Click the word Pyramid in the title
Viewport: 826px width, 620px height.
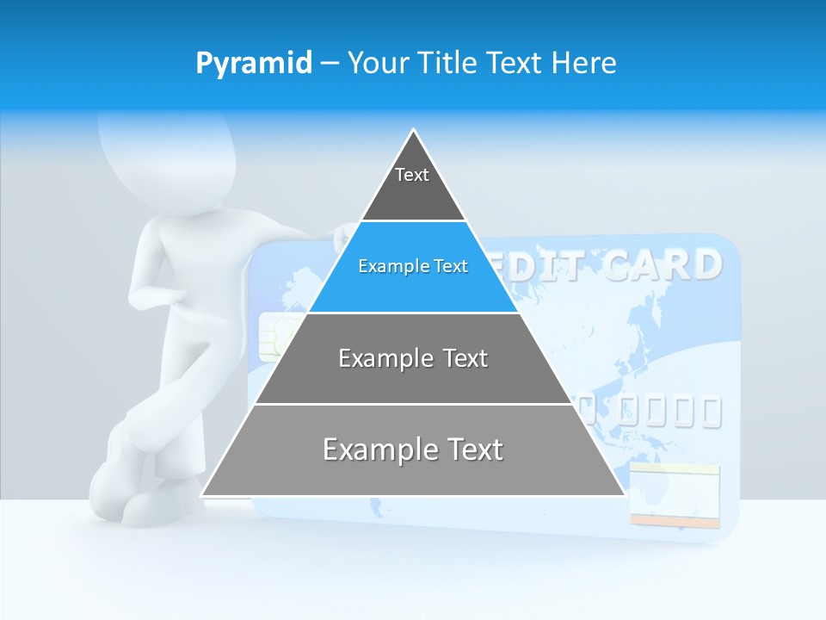(254, 63)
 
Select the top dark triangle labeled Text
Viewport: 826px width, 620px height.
(412, 185)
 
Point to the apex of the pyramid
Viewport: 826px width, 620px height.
(414, 132)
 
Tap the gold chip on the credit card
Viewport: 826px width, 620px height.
(274, 337)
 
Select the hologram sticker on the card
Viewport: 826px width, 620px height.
(674, 495)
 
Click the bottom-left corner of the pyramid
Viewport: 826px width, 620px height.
(203, 494)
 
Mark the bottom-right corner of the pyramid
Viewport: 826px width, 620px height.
(624, 494)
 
